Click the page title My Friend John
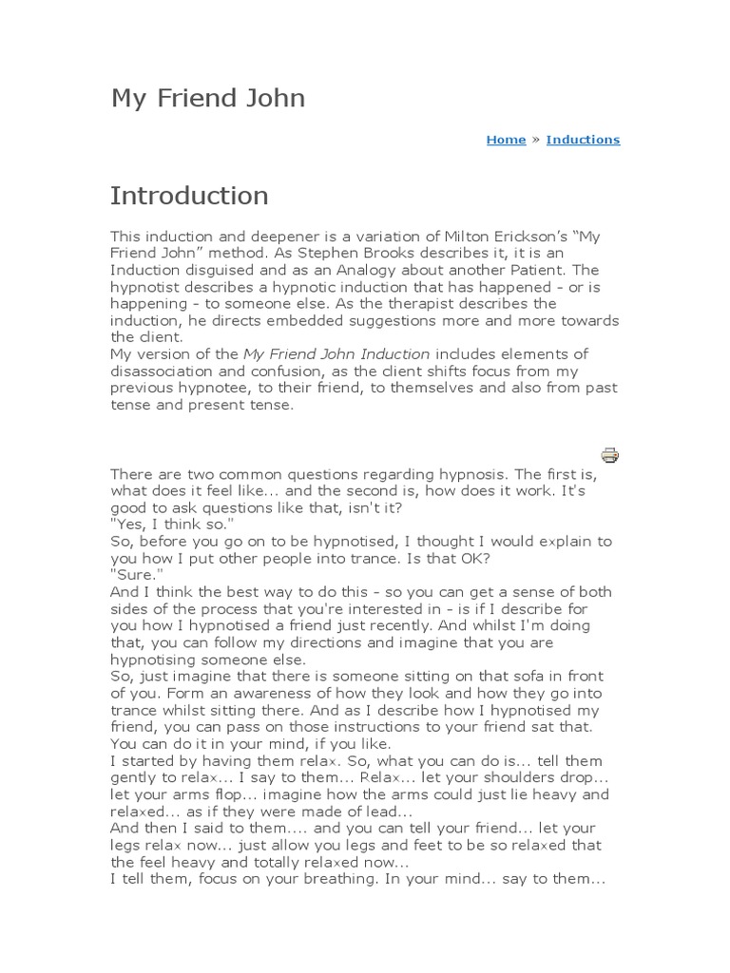[207, 98]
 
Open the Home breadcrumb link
[506, 140]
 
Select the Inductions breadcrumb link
[583, 140]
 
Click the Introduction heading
[189, 196]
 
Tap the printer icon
[609, 454]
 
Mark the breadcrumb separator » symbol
[535, 140]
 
